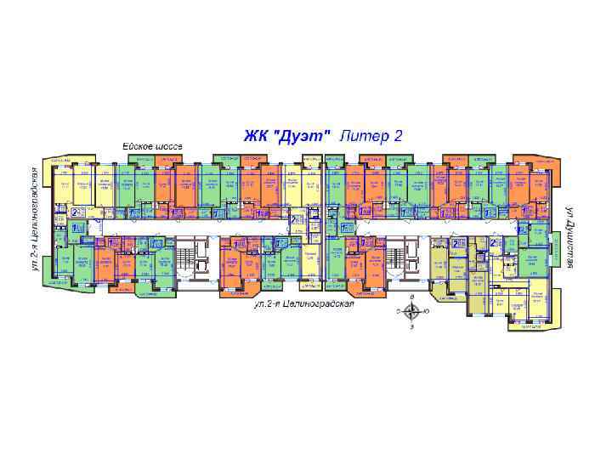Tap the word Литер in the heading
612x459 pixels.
(363, 135)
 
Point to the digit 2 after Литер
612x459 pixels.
(397, 135)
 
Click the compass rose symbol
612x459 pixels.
(412, 312)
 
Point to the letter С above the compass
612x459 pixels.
(412, 297)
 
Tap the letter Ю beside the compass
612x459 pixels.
(427, 312)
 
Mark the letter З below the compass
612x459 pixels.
(412, 326)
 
